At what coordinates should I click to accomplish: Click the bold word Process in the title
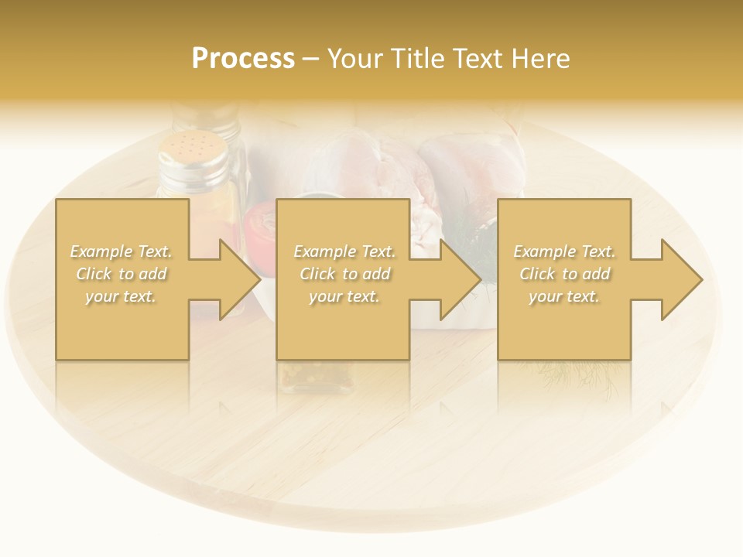coord(243,59)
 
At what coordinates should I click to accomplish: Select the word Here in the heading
coord(540,59)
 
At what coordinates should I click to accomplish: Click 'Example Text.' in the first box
coord(121,251)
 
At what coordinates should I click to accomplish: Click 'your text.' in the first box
coord(121,296)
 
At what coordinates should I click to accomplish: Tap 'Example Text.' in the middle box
coord(344,251)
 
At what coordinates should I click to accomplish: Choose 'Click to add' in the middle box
coord(344,274)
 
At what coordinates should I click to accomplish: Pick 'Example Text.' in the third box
coord(564,251)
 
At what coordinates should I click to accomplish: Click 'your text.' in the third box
coord(564,296)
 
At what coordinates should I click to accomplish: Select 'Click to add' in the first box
coord(121,274)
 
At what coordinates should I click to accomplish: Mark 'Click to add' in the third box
coord(564,274)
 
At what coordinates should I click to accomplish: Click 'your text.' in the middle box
coord(344,296)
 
